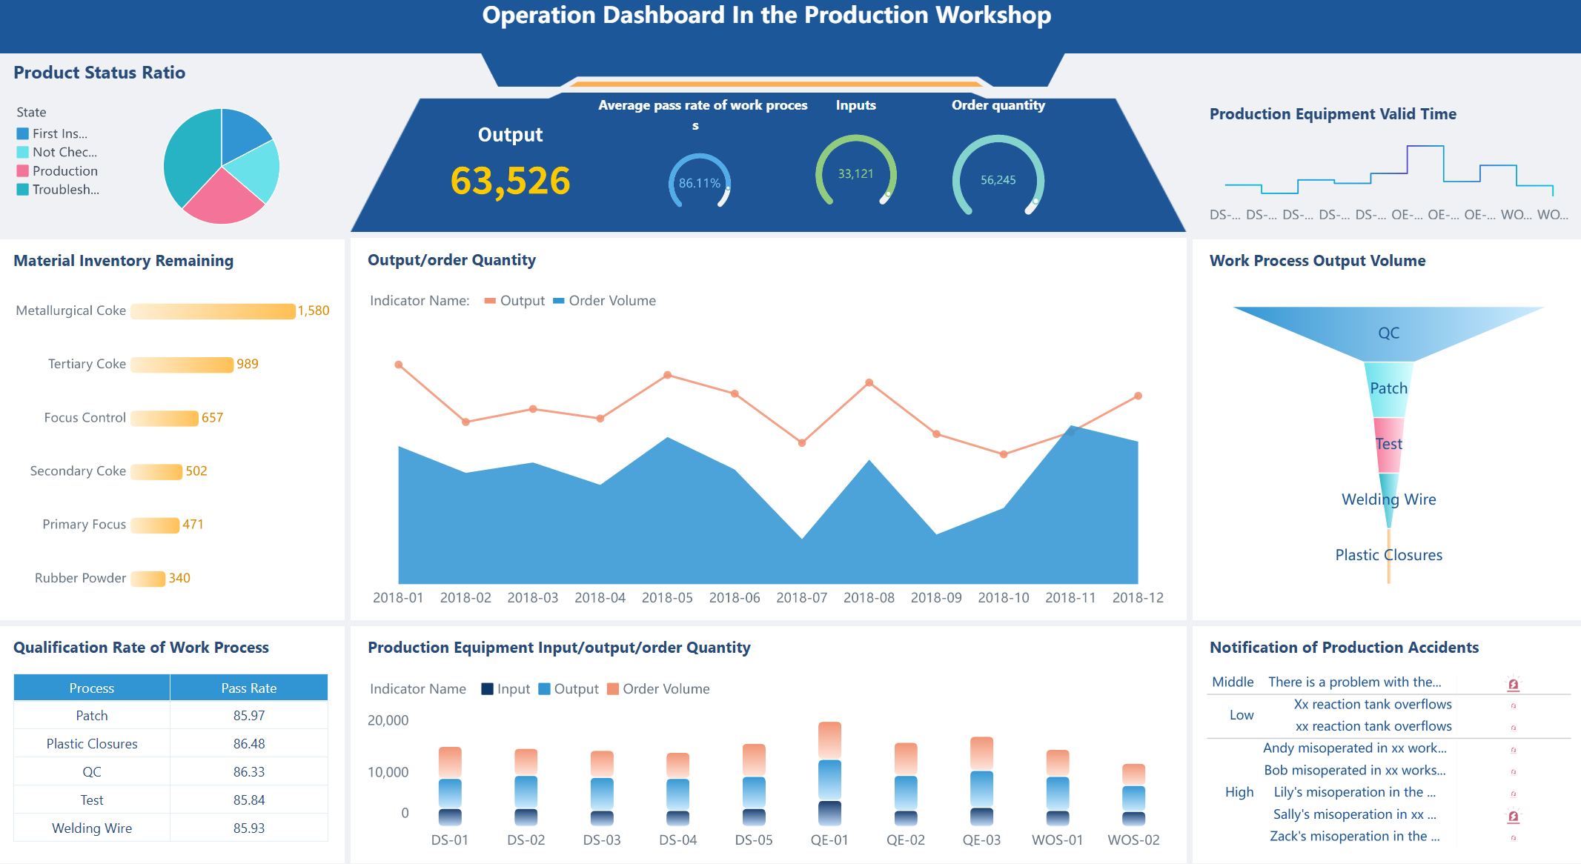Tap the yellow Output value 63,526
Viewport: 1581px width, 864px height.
pyautogui.click(x=510, y=181)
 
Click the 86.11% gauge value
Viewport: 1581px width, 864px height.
pyautogui.click(x=699, y=183)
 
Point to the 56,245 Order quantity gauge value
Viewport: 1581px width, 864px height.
pyautogui.click(x=998, y=180)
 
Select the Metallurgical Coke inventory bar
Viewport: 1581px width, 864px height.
pyautogui.click(x=213, y=311)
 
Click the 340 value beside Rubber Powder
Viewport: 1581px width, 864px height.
pyautogui.click(x=179, y=578)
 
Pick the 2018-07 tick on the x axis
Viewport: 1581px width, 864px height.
pyautogui.click(x=801, y=597)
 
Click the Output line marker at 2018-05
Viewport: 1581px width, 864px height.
pyautogui.click(x=667, y=375)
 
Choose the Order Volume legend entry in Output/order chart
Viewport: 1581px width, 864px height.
pyautogui.click(x=605, y=301)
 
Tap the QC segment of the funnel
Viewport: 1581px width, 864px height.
pyautogui.click(x=1388, y=333)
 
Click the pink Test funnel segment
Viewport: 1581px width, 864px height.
pyautogui.click(x=1388, y=444)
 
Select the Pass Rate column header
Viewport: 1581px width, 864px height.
pyautogui.click(x=248, y=688)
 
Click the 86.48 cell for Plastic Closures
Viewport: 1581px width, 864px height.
pyautogui.click(x=248, y=743)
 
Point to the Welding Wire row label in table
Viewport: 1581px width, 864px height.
pyautogui.click(x=92, y=828)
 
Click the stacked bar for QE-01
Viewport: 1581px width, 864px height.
pyautogui.click(x=829, y=771)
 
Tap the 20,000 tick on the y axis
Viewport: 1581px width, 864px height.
pyautogui.click(x=388, y=720)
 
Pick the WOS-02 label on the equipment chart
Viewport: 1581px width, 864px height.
pyautogui.click(x=1133, y=840)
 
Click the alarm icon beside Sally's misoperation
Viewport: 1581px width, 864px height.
pyautogui.click(x=1513, y=816)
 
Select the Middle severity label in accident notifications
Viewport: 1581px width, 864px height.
pyautogui.click(x=1233, y=682)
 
